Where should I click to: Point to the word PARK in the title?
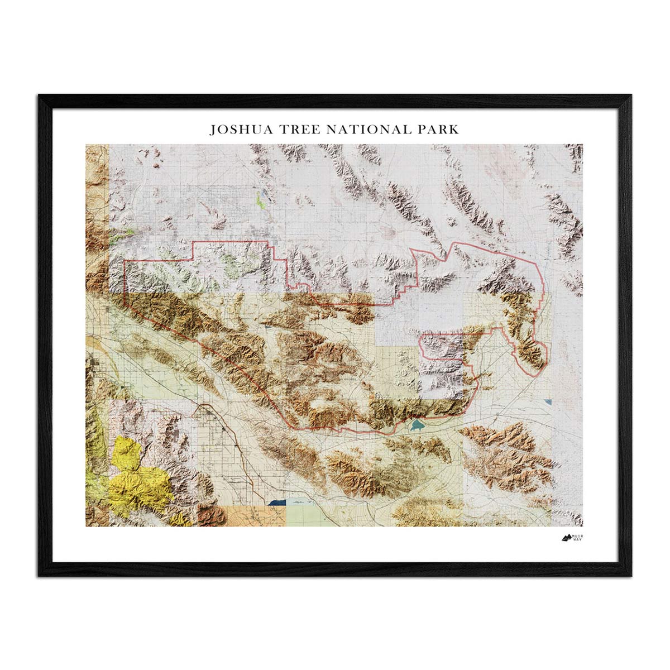pos(437,130)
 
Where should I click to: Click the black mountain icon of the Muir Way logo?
pos(567,538)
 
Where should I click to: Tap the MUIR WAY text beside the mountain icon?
pos(582,538)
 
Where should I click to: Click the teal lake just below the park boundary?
pos(415,427)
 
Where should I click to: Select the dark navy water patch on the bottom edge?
pos(276,502)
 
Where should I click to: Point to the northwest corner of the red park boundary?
pos(124,261)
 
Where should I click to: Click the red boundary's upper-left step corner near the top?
pos(193,243)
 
